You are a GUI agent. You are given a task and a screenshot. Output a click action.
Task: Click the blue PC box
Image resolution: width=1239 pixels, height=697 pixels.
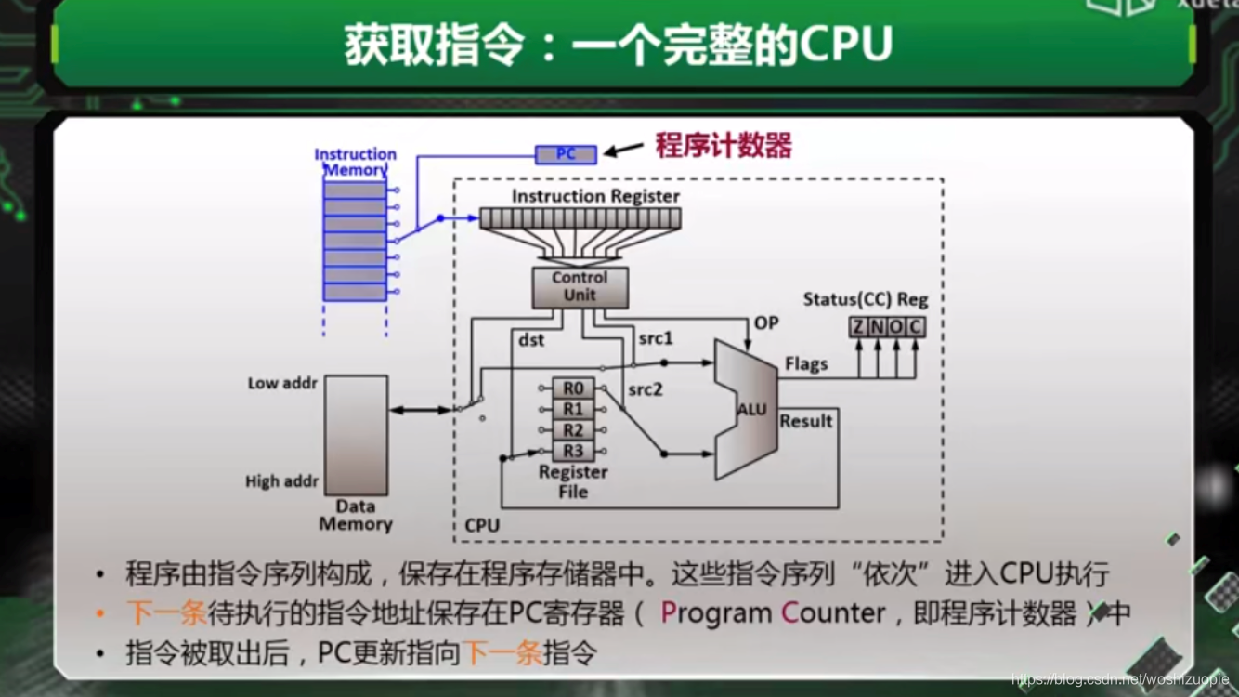tap(566, 154)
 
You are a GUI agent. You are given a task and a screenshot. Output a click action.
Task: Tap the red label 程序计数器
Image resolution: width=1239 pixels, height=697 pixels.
tap(724, 146)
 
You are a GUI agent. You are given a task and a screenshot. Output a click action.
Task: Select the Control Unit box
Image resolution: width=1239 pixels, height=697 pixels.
tap(580, 287)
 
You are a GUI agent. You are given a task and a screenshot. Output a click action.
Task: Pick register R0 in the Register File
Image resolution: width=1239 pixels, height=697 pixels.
tap(573, 388)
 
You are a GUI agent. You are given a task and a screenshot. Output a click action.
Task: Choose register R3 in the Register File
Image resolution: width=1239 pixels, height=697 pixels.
tap(573, 452)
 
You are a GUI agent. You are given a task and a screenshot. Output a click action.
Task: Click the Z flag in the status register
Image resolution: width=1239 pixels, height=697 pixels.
tap(858, 327)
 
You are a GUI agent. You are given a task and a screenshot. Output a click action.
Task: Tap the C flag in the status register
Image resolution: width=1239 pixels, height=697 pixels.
tap(915, 327)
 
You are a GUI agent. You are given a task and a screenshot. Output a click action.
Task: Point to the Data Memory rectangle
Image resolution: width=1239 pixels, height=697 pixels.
tap(356, 435)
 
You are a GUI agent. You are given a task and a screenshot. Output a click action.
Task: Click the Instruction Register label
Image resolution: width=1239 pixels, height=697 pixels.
tap(595, 196)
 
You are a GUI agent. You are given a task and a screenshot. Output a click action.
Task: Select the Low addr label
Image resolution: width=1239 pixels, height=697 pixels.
tap(282, 383)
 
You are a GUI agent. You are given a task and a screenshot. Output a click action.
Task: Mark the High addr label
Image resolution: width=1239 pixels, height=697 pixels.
tap(281, 481)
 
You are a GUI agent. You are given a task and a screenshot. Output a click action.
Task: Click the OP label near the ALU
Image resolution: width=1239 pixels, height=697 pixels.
tap(766, 322)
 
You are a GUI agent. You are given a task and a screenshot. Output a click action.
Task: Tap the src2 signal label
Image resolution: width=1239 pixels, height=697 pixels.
tap(645, 389)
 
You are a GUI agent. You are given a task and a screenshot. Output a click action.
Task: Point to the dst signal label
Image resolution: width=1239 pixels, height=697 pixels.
tap(531, 340)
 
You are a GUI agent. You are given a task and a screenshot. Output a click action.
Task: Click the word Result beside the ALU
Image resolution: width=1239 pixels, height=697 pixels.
tap(805, 421)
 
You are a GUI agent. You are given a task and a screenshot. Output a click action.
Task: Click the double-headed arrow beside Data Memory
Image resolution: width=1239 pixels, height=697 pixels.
tap(420, 409)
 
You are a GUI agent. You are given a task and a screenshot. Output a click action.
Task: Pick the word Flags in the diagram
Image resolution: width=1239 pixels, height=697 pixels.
tap(805, 363)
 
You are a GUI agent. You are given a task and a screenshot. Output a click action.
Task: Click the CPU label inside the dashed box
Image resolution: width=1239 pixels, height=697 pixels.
tap(482, 525)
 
